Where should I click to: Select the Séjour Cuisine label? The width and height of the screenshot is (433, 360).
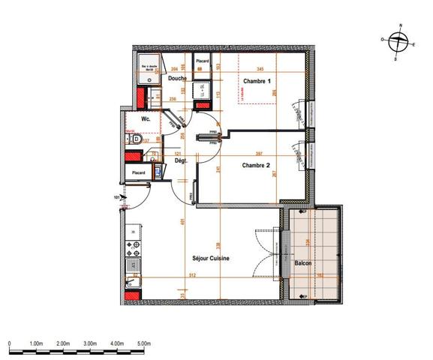coord(211,259)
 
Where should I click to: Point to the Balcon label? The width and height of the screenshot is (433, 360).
coord(302,263)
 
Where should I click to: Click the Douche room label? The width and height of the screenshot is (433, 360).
coord(178,78)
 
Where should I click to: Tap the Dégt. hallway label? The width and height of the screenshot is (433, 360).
coord(180,160)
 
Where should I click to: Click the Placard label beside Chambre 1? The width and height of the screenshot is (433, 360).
coord(202,61)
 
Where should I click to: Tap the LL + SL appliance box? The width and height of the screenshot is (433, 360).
coord(203,91)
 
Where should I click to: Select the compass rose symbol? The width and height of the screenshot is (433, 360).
coord(398,40)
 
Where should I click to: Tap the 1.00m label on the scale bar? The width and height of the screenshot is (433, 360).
coord(36,343)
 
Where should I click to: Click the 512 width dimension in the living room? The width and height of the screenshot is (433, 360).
coord(191,275)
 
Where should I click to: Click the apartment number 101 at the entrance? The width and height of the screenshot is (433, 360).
coord(116,198)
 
